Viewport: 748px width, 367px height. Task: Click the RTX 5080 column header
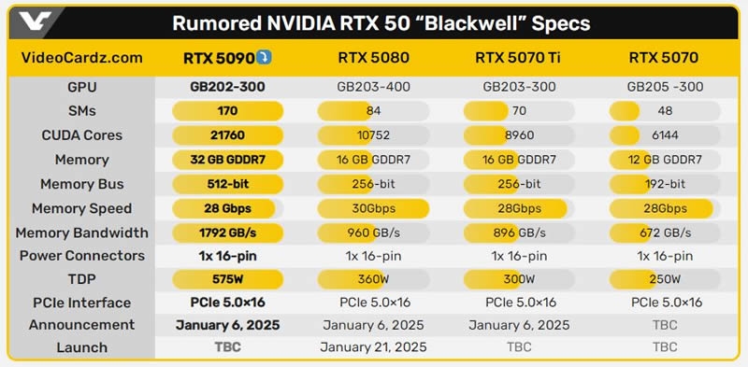coord(373,58)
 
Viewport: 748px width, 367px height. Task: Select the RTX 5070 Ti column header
coord(520,58)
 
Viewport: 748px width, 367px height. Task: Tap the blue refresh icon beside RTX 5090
coord(267,58)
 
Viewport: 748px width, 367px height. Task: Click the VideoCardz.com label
coord(81,58)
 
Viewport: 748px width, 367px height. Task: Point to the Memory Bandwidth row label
coord(81,233)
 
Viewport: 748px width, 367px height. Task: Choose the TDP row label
coord(81,278)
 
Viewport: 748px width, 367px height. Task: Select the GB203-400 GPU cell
coord(373,87)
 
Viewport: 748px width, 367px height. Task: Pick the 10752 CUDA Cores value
coord(373,135)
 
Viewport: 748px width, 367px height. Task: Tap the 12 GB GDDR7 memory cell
coord(665,160)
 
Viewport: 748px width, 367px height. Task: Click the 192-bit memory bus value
coord(665,184)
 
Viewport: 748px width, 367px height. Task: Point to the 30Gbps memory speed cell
coord(373,208)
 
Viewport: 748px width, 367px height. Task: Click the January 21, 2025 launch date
coord(373,347)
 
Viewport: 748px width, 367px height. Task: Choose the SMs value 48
coord(665,111)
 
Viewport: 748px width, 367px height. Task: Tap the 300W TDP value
coord(519,278)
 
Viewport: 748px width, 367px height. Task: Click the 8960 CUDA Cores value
coord(519,135)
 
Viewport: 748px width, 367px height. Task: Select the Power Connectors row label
coord(81,256)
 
